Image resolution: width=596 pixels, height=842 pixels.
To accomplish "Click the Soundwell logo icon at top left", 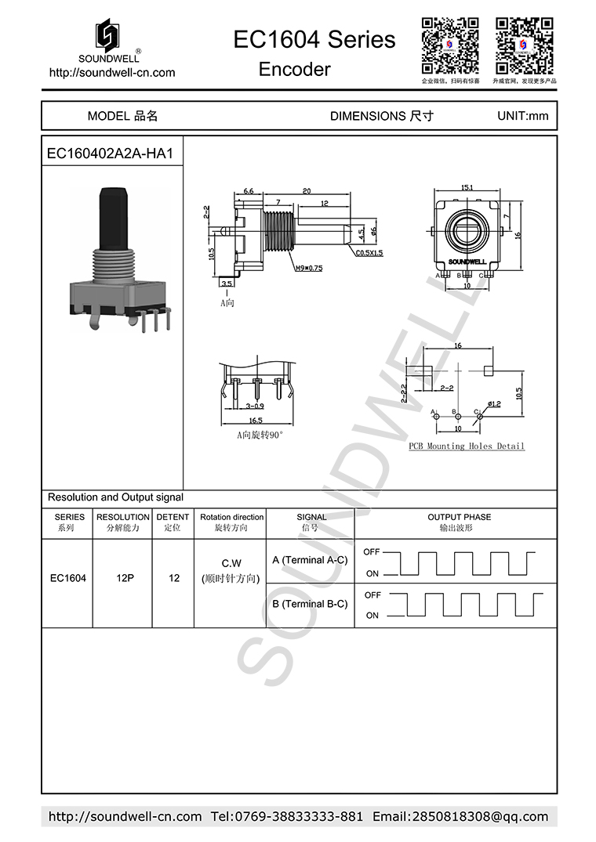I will tap(108, 35).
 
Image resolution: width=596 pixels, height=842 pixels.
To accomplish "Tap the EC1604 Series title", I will tap(314, 39).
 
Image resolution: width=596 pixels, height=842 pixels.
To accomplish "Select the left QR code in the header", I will tap(450, 44).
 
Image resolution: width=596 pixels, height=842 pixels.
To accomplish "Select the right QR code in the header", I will tap(524, 44).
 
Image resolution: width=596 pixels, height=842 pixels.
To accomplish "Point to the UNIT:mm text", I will tap(523, 116).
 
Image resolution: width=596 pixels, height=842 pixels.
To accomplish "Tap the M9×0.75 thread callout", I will tap(308, 268).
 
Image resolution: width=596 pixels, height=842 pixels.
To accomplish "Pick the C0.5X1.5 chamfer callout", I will tap(369, 253).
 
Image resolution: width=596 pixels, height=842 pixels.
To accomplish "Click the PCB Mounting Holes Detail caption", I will tap(467, 446).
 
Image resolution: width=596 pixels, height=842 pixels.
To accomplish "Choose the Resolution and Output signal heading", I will tap(115, 497).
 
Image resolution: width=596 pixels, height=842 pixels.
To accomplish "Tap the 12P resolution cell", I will tap(124, 579).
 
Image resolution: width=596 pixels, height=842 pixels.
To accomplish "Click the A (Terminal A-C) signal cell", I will tap(310, 560).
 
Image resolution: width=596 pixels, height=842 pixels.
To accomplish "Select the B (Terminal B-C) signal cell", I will tap(310, 604).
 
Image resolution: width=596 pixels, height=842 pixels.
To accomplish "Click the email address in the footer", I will tap(460, 816).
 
